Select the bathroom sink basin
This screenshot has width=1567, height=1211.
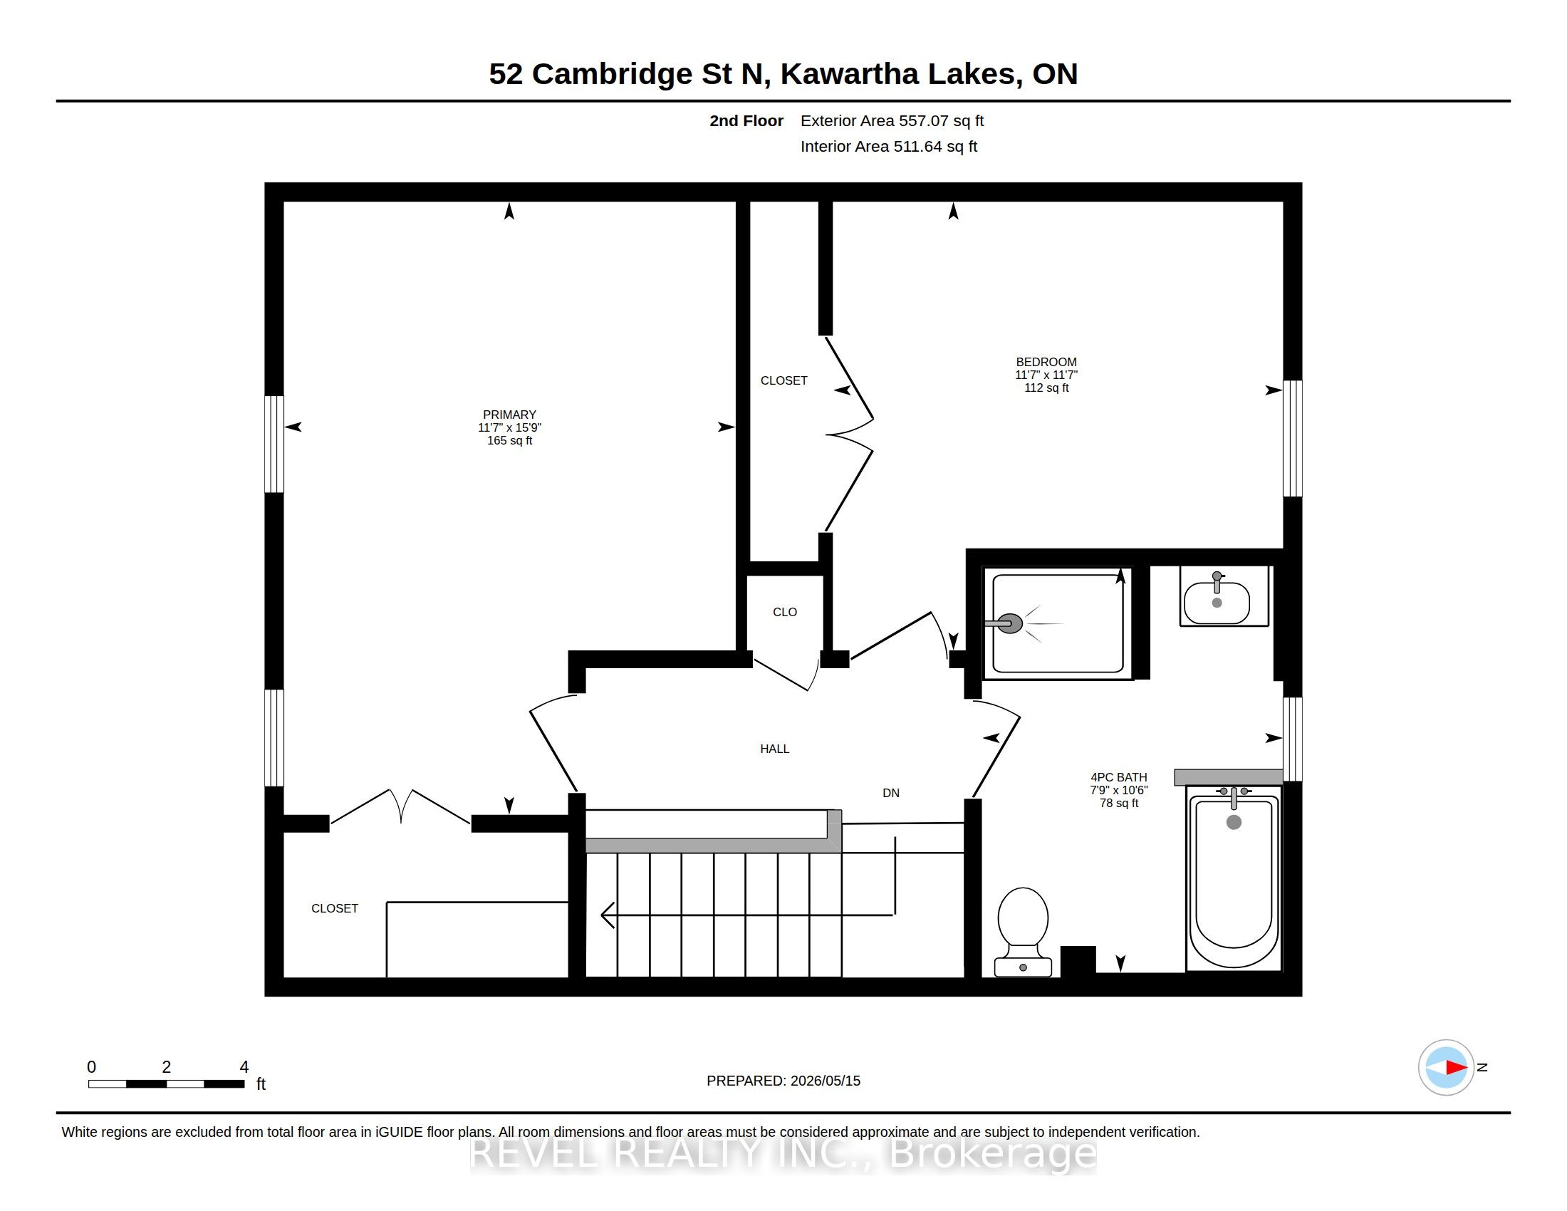(x=1216, y=602)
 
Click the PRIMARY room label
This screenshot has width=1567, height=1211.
(x=509, y=415)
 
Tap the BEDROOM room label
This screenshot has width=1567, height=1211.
(x=1046, y=363)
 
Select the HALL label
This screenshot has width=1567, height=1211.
(x=775, y=749)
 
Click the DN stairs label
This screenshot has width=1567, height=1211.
(x=891, y=793)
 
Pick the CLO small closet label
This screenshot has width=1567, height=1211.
(x=785, y=612)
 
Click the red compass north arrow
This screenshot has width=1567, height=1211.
(x=1457, y=1068)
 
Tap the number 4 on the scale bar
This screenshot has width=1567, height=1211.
(x=244, y=1067)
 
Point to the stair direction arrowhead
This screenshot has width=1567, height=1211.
(x=607, y=915)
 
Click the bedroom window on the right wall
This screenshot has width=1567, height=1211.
(x=1292, y=438)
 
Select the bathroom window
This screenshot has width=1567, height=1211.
(x=1292, y=739)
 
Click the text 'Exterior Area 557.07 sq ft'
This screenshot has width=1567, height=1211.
(x=892, y=121)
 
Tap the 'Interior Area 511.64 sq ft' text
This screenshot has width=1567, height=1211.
(x=889, y=146)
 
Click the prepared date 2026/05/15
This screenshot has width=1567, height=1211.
(x=825, y=1081)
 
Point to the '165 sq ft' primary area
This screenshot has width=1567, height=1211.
(x=509, y=440)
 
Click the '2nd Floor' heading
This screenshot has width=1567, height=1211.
(x=746, y=121)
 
